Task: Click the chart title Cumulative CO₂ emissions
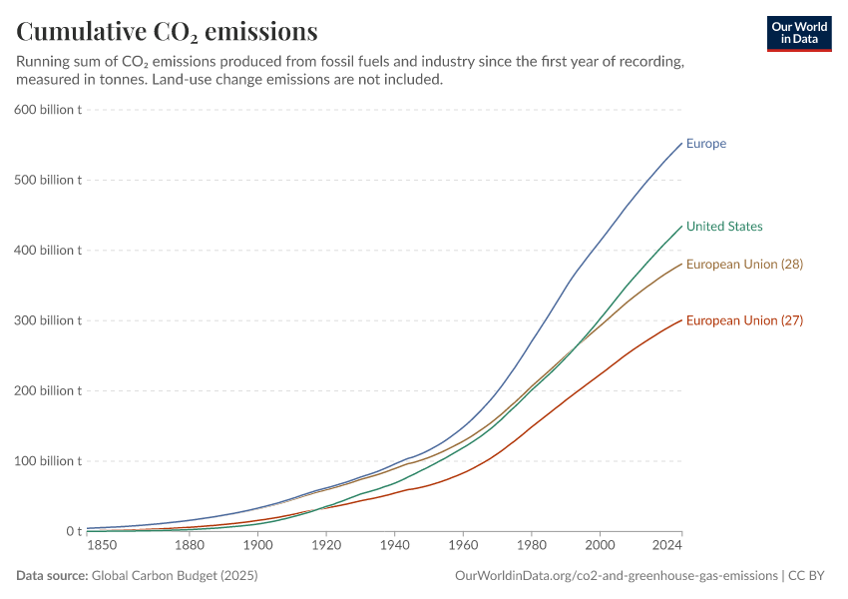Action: [x=168, y=32]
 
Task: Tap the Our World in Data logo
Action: [x=799, y=33]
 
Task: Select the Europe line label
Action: [x=706, y=144]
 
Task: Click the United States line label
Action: [x=724, y=227]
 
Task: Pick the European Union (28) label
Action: [x=744, y=265]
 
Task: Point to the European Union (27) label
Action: [x=744, y=320]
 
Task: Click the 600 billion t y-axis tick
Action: [x=47, y=110]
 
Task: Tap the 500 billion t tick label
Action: [x=47, y=180]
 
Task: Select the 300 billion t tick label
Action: [x=47, y=320]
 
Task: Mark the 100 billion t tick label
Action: [x=47, y=461]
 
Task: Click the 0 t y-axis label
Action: [x=73, y=531]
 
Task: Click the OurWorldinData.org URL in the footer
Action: [x=616, y=576]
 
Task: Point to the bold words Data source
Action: [x=52, y=576]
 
